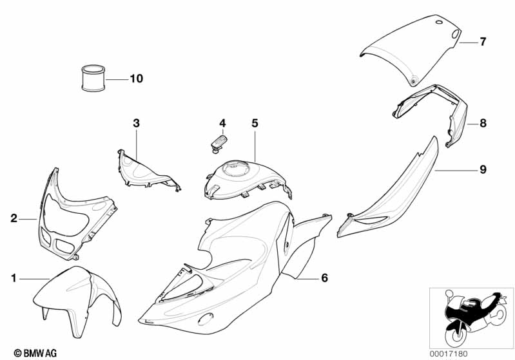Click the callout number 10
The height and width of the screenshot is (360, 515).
pyautogui.click(x=136, y=79)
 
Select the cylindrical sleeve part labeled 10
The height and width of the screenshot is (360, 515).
pyautogui.click(x=93, y=78)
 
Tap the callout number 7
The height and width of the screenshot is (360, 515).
pyautogui.click(x=483, y=42)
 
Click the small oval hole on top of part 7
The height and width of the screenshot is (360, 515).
pyautogui.click(x=439, y=23)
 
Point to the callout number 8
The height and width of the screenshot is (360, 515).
pyautogui.click(x=483, y=124)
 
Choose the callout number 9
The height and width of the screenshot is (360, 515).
pyautogui.click(x=483, y=169)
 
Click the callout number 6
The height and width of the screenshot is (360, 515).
pyautogui.click(x=324, y=278)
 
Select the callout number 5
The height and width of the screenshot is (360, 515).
pyautogui.click(x=255, y=124)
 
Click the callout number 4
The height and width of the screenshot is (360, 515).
pyautogui.click(x=222, y=124)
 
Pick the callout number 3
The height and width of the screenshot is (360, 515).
pyautogui.click(x=136, y=124)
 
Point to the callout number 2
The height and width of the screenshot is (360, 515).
pyautogui.click(x=14, y=218)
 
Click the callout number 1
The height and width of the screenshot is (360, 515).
pyautogui.click(x=14, y=278)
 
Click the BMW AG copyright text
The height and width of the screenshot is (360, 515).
pyautogui.click(x=35, y=353)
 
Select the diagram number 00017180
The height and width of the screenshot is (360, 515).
pyautogui.click(x=449, y=354)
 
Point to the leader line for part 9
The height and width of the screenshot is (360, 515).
pyautogui.click(x=456, y=171)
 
